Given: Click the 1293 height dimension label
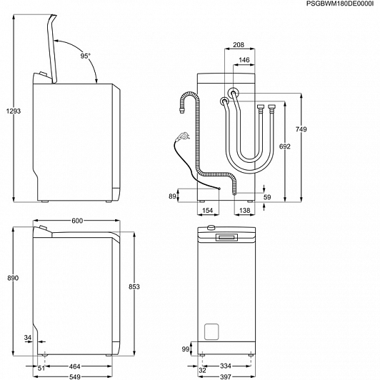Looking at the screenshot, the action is point(14,111).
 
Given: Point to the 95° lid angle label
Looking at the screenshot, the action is point(85,56).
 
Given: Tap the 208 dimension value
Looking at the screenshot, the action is point(239,45).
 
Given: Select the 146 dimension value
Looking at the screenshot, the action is point(244,60).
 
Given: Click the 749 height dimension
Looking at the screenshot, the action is point(301,129).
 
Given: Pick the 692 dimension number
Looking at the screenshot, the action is point(284,146).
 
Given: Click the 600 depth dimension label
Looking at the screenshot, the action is point(77,221).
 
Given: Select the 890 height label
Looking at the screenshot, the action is point(13,278).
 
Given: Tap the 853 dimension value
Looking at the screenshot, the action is point(134,286).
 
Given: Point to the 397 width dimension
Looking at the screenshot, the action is point(226,377).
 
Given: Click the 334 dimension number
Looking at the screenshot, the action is point(226,366).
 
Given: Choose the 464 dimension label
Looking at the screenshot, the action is point(74,366).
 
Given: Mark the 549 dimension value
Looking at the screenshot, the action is point(74,377).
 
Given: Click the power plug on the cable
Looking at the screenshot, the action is point(182,136).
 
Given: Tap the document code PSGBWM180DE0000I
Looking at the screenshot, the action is point(340,4).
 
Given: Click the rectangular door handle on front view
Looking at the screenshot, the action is point(227,237).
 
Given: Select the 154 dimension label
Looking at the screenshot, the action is point(207,210).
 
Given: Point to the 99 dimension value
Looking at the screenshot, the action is point(186,349).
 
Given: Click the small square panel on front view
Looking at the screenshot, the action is point(211,331).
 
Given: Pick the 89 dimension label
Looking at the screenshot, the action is point(172,196).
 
